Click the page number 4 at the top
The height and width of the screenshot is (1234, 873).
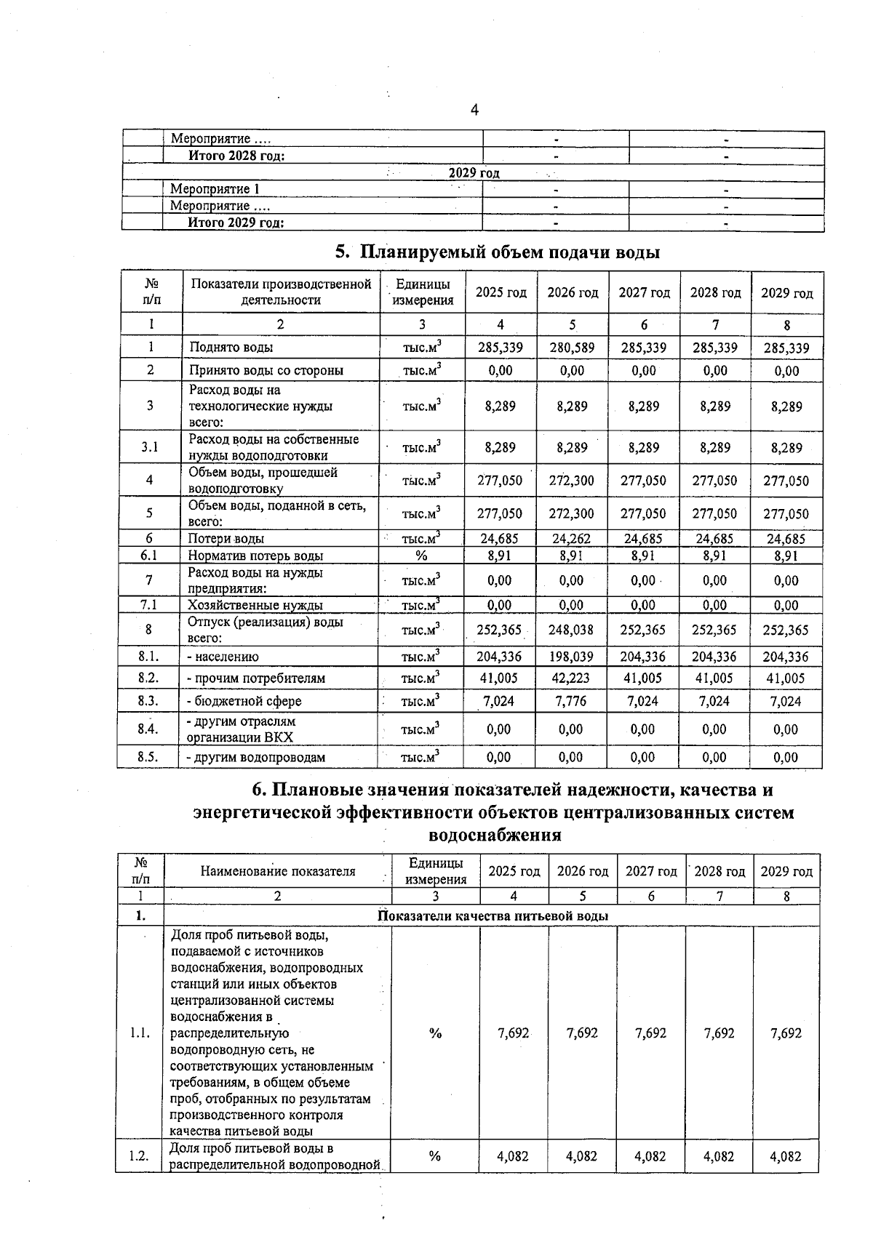(x=474, y=111)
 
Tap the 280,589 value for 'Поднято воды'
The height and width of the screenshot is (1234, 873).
(x=572, y=348)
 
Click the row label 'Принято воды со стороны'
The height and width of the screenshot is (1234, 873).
(x=266, y=370)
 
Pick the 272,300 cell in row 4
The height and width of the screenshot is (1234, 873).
(x=571, y=481)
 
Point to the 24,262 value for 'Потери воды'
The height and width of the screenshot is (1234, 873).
(x=571, y=539)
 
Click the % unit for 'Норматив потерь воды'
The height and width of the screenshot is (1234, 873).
(x=421, y=556)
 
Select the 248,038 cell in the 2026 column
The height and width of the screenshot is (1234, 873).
(x=571, y=630)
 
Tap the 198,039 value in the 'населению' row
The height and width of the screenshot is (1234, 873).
(x=571, y=657)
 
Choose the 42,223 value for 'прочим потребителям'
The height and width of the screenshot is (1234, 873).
(x=571, y=678)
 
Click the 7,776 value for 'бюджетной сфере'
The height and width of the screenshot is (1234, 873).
(x=571, y=701)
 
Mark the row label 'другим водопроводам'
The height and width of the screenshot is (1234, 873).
(x=256, y=757)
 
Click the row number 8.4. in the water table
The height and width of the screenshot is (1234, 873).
(x=148, y=729)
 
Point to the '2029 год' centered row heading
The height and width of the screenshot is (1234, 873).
(x=474, y=173)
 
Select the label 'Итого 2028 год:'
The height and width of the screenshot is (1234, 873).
(x=236, y=156)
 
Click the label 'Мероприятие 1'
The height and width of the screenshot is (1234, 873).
(x=215, y=189)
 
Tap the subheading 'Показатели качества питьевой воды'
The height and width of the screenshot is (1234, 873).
(x=493, y=916)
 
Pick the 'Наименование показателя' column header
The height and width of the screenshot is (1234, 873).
(x=278, y=871)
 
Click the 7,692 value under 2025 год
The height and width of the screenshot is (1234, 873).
(x=514, y=1033)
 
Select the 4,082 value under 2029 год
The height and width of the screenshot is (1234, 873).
(x=786, y=1156)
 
